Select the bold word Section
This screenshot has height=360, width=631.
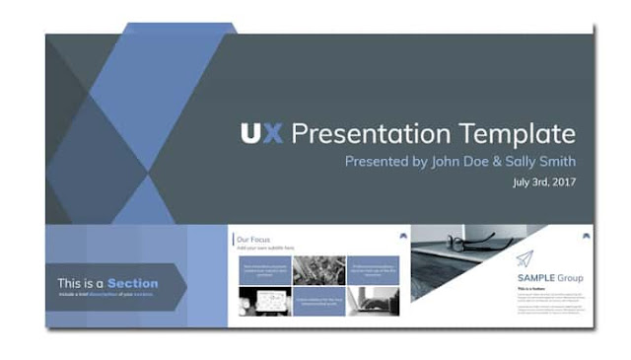point(132,283)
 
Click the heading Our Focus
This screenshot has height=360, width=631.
point(250,239)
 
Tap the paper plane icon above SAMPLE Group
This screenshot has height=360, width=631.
point(525,258)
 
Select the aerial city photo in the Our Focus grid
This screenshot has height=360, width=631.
point(318,269)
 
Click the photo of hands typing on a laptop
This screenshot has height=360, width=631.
point(373,302)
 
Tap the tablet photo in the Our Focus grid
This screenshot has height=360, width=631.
point(264,302)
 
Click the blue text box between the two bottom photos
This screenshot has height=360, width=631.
point(318,302)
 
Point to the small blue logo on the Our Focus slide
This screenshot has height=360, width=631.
point(402,236)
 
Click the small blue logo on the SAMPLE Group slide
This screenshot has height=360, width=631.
point(588,235)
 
